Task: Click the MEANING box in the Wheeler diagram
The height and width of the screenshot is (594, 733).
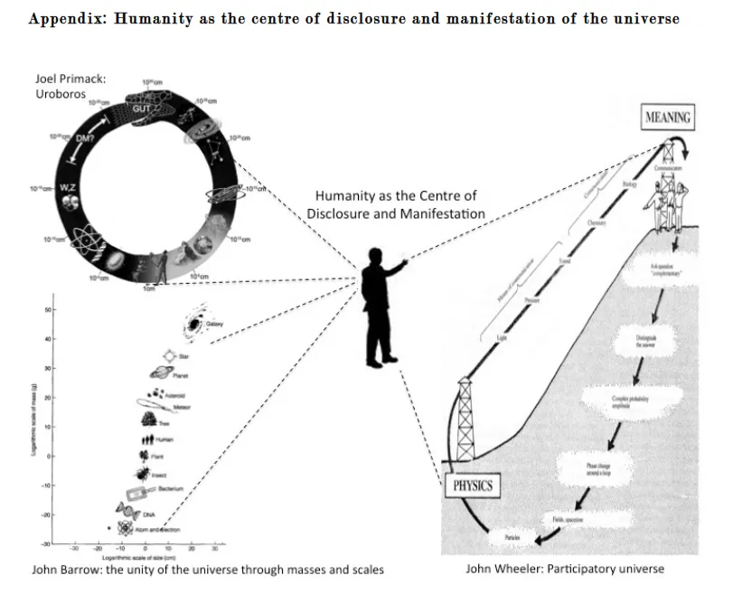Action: pyautogui.click(x=669, y=118)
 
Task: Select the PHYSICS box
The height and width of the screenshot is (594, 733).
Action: pyautogui.click(x=472, y=486)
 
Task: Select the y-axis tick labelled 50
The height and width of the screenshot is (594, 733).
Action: pyautogui.click(x=48, y=310)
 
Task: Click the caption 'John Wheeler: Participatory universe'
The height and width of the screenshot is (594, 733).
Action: pyautogui.click(x=565, y=569)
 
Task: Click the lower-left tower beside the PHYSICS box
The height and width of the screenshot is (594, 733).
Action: pyautogui.click(x=466, y=420)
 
